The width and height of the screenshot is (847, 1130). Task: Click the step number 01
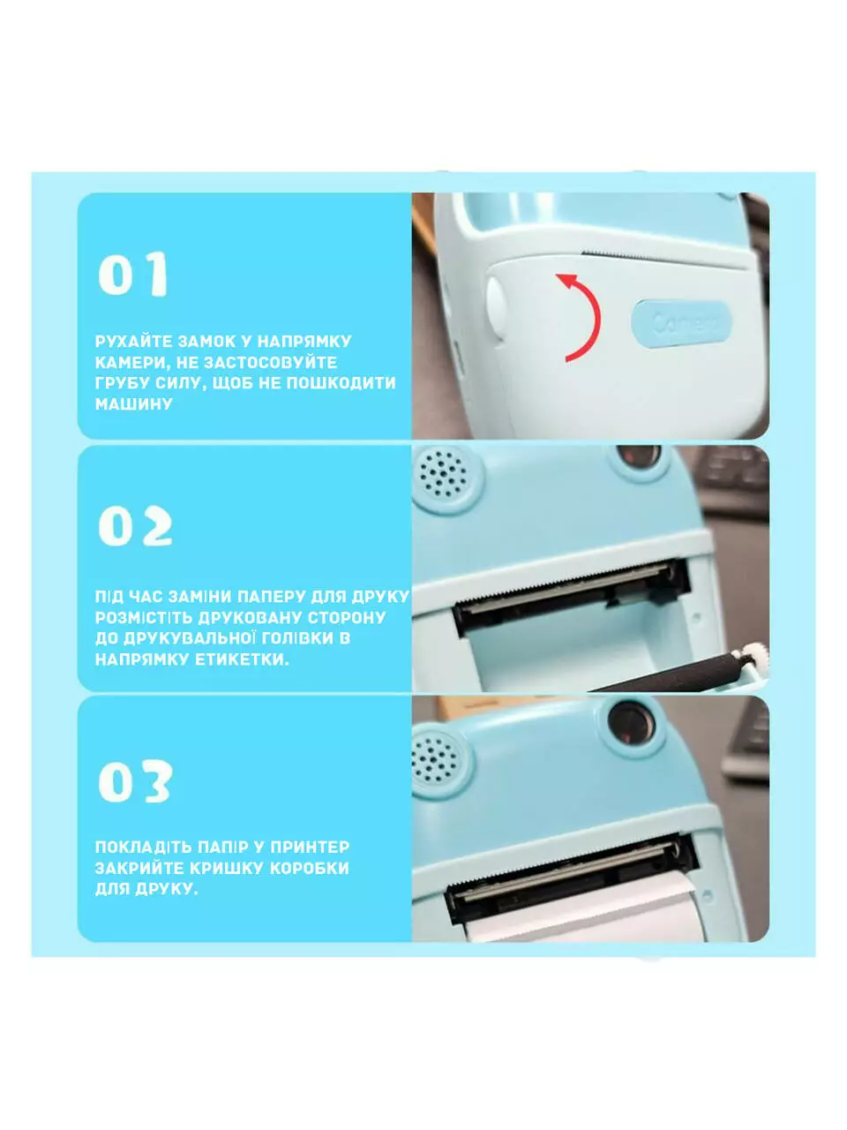[x=133, y=274]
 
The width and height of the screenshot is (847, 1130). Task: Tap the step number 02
[x=135, y=525]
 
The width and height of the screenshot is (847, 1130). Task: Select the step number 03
[x=135, y=781]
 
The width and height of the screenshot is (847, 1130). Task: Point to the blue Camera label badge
[x=681, y=323]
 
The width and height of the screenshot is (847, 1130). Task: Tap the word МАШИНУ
[x=134, y=404]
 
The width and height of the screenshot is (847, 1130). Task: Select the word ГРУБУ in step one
[x=116, y=383]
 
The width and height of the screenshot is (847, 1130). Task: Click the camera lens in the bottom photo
[x=631, y=723]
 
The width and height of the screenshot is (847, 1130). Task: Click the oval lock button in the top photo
[x=496, y=308]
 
